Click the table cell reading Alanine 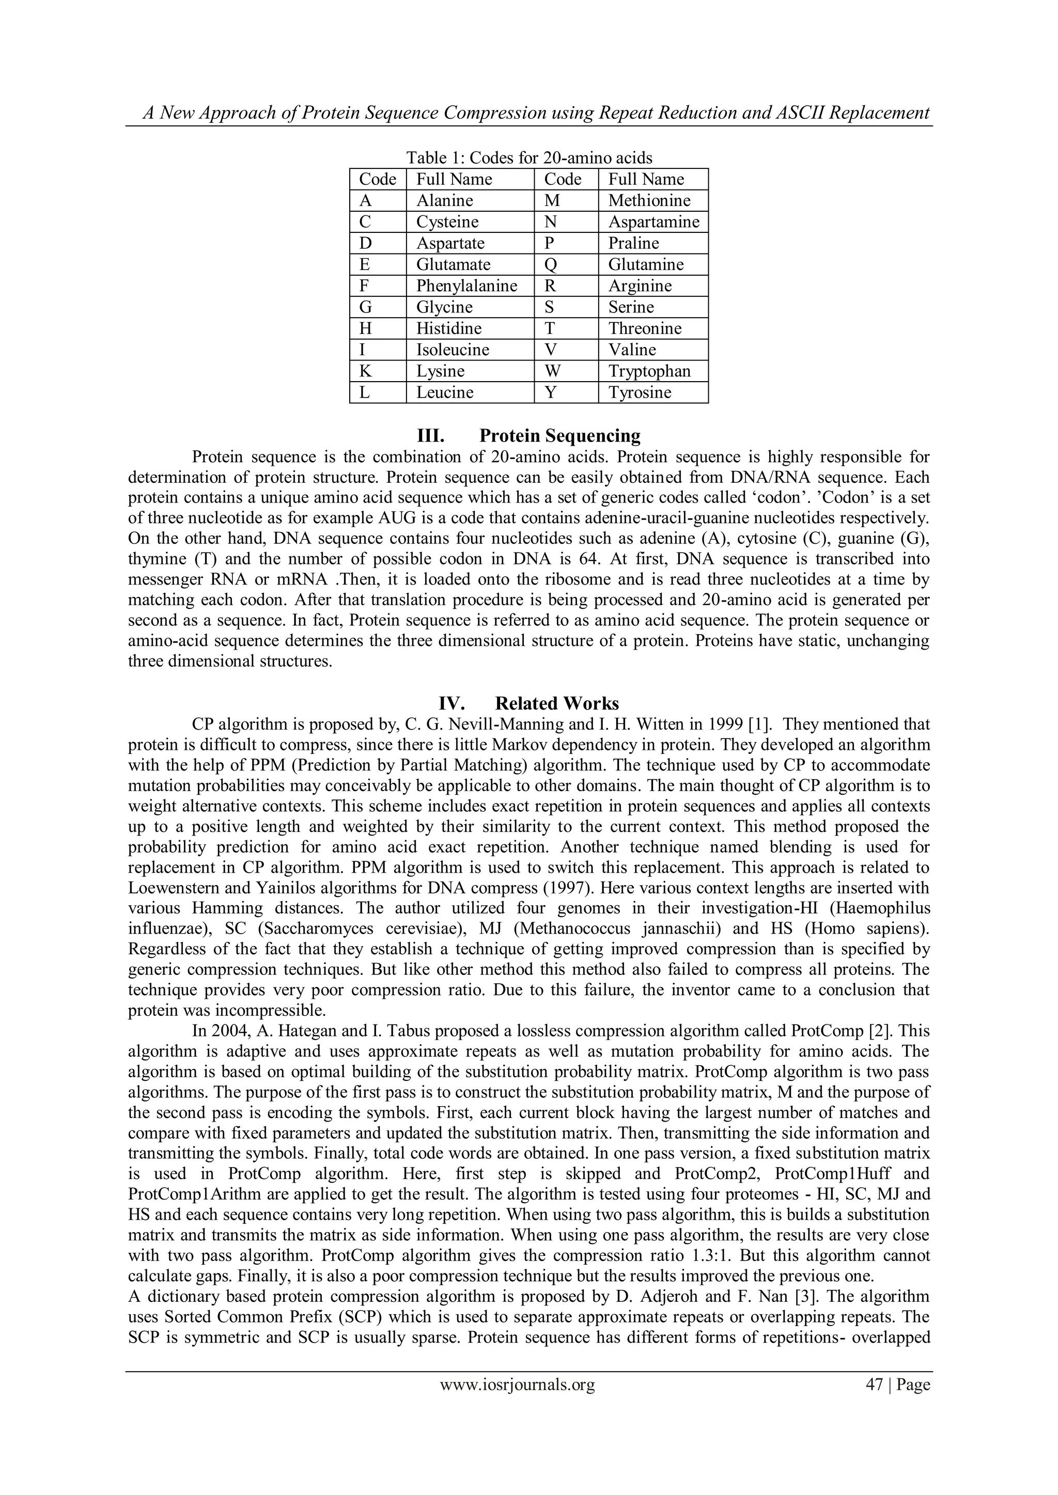coord(445,200)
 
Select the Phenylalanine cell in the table coord(466,286)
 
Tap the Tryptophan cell coord(649,371)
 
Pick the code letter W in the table coord(552,371)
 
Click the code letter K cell coord(365,371)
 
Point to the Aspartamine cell coord(654,222)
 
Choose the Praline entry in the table coord(633,244)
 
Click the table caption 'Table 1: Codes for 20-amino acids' coord(529,158)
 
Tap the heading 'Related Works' coord(556,703)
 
